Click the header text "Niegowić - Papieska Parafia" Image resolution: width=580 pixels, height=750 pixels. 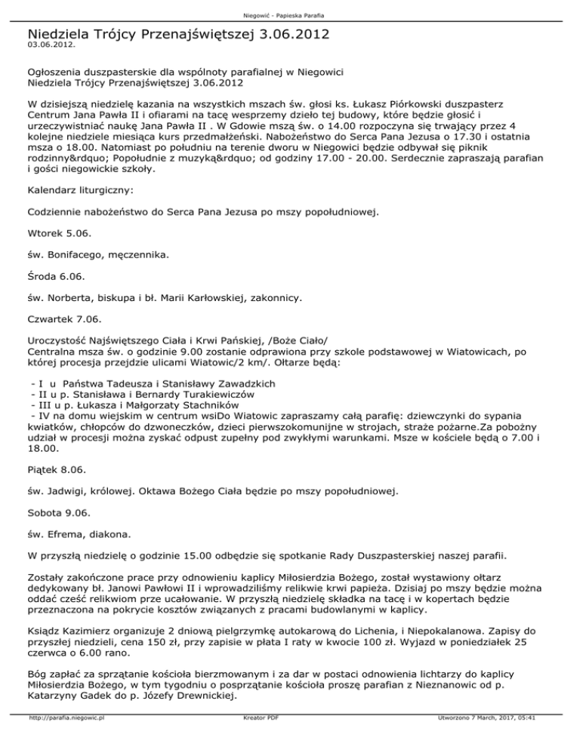point(290,15)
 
